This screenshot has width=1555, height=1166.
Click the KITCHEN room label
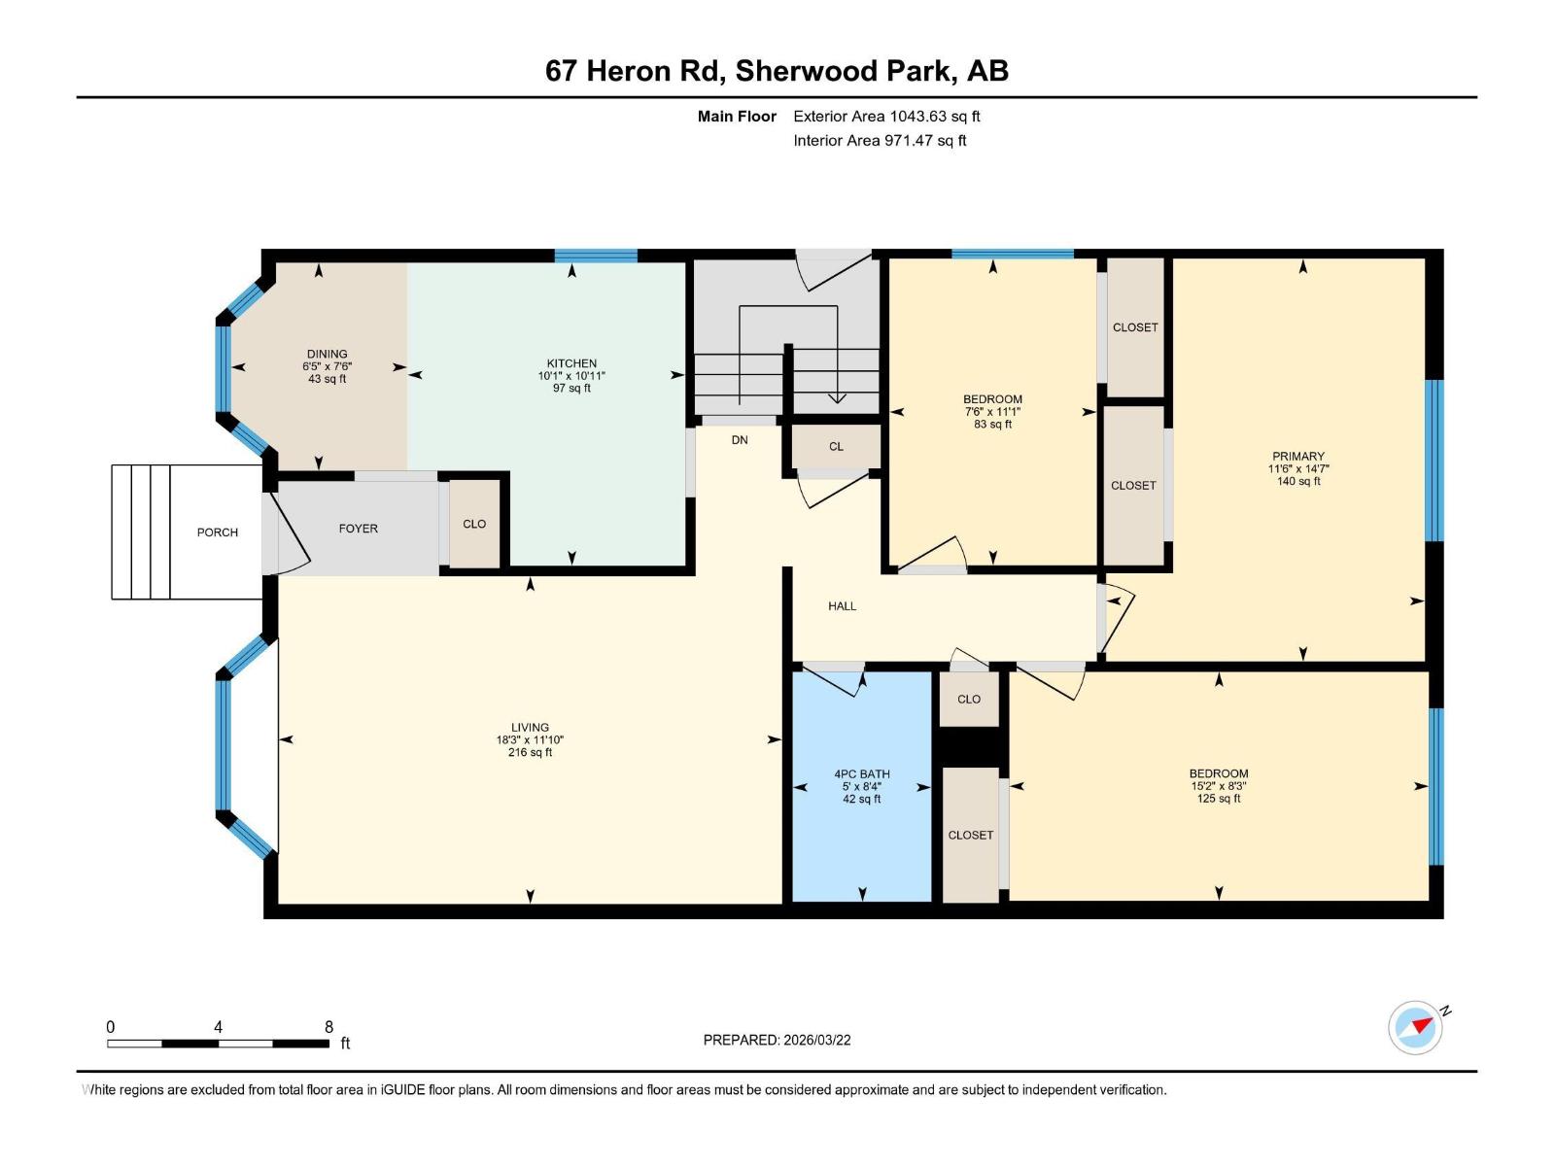pos(571,363)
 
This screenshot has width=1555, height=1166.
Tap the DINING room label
pos(327,355)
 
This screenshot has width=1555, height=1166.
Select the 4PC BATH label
pos(861,774)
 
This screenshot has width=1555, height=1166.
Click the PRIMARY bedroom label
pos(1298,457)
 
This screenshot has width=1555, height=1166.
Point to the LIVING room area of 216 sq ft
pos(530,752)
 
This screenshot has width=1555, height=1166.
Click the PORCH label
pos(217,532)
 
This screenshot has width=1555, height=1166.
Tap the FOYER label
pos(358,529)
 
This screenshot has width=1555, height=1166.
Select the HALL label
pos(842,606)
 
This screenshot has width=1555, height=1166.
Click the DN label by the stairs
pos(740,440)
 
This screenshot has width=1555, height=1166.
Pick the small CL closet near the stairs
pos(836,447)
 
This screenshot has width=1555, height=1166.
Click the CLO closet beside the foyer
pos(474,525)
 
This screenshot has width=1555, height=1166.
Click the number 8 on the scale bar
pos(328,1027)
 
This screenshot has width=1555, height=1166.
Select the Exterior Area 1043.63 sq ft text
pos(886,117)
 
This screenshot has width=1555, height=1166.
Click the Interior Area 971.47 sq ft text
pos(880,141)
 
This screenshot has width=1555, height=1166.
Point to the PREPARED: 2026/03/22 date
pos(777,1040)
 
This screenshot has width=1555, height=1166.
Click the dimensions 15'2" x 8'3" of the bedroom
pos(1218,786)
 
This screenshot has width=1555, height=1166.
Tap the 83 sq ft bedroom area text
pos(992,425)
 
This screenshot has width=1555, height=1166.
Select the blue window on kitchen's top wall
pos(596,257)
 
